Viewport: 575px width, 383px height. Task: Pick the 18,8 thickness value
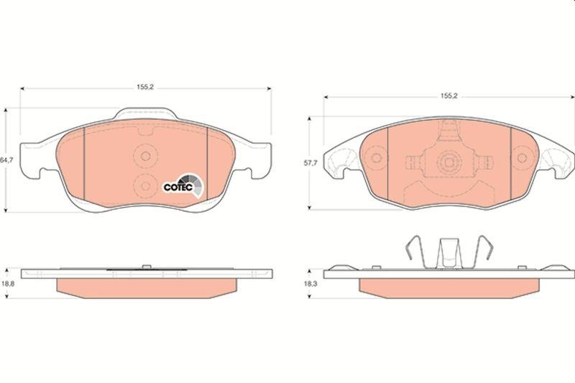pos(6,284)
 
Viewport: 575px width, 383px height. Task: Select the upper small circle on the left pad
pos(146,154)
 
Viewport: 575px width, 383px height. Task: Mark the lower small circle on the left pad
pos(146,185)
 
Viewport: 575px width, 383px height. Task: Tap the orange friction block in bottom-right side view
pos(449,286)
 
